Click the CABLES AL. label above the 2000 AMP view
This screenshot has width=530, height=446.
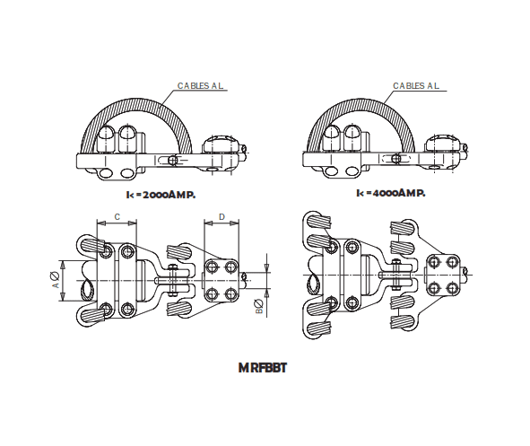pos(199,86)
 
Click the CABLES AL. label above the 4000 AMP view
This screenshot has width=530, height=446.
pos(415,86)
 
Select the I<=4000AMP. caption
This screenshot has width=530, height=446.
pos(390,193)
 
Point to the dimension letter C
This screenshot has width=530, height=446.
pos(118,218)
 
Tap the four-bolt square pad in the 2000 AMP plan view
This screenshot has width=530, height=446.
pos(222,280)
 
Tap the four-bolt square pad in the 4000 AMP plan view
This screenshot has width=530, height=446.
pos(443,275)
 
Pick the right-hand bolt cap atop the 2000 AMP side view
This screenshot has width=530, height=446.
pos(221,144)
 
